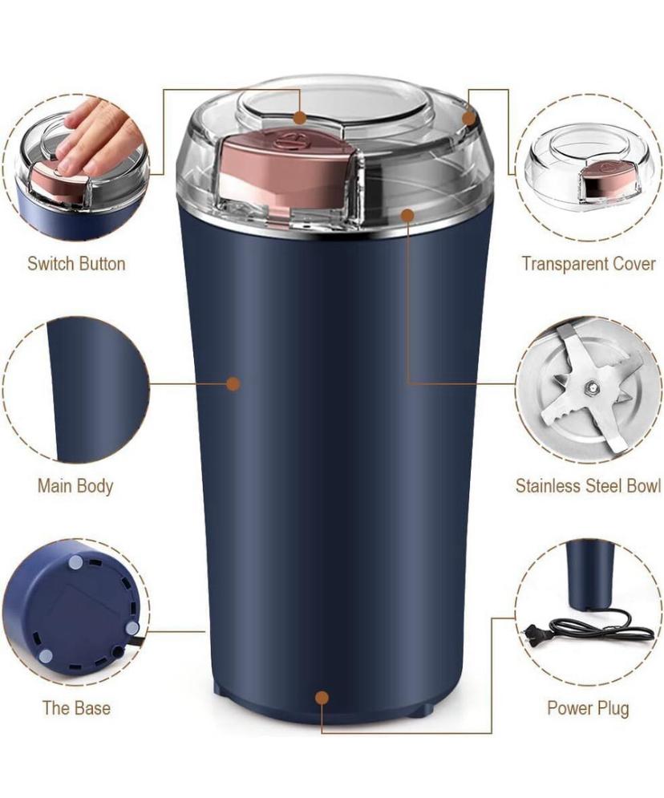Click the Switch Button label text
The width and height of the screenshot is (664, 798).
pos(76,264)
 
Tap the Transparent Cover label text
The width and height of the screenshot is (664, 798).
pos(589,264)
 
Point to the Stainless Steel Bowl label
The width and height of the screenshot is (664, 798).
pos(589,485)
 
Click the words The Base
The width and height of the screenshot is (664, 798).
pos(76,708)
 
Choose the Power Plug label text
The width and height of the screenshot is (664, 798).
pos(588,708)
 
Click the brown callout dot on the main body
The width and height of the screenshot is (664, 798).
pos(233,383)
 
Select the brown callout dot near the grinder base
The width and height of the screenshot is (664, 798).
pos(322,697)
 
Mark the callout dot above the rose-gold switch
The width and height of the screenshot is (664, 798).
pos(300,118)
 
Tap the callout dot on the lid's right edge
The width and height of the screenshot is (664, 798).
pos(468,118)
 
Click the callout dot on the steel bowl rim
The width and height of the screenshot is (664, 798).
pos(406,215)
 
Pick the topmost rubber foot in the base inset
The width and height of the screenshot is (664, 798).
pos(76,562)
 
